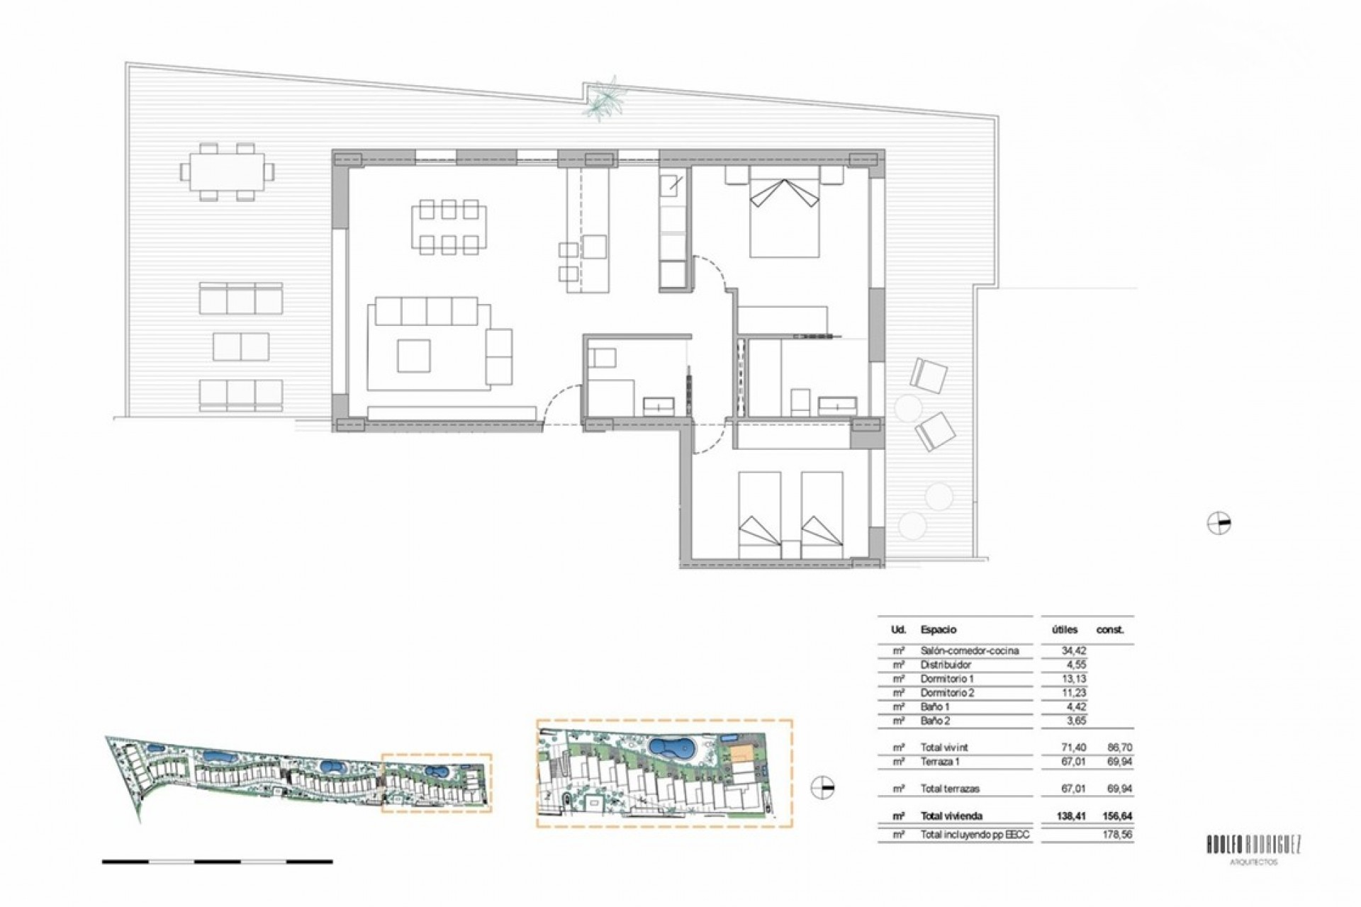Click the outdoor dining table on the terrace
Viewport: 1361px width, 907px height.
[227, 171]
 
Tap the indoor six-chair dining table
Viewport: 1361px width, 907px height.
[449, 227]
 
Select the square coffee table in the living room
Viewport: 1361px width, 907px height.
[414, 356]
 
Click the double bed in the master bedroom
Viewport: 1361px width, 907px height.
[784, 213]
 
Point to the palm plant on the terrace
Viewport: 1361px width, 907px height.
[604, 99]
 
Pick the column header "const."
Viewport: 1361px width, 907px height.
[1110, 629]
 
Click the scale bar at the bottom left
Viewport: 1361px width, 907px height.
[217, 862]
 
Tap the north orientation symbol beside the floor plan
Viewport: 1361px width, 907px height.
[1219, 524]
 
